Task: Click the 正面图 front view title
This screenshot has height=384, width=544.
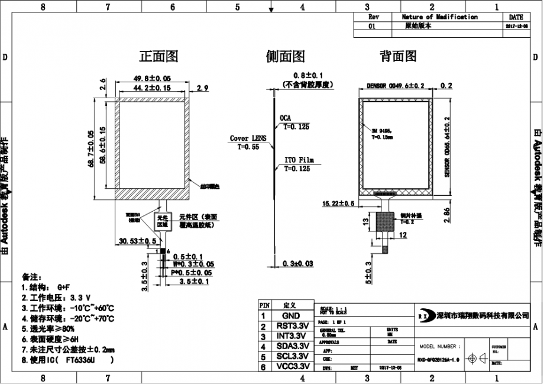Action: pyautogui.click(x=158, y=57)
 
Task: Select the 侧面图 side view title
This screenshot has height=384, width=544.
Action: pyautogui.click(x=286, y=57)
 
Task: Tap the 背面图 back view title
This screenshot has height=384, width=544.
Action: pyautogui.click(x=398, y=57)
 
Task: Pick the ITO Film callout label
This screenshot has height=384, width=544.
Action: pyautogui.click(x=299, y=160)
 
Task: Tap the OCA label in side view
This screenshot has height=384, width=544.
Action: pyautogui.click(x=285, y=118)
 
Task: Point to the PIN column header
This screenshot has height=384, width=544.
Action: pyautogui.click(x=264, y=305)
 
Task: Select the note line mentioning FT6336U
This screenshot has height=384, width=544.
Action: pyautogui.click(x=68, y=359)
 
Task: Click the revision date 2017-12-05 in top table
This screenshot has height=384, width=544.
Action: pyautogui.click(x=516, y=27)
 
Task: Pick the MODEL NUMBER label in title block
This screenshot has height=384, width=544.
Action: pyautogui.click(x=438, y=347)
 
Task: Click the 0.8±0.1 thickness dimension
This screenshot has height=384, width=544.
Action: pyautogui.click(x=308, y=76)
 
